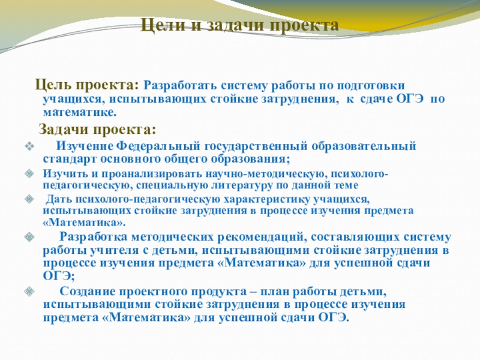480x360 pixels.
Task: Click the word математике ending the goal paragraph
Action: coord(79,112)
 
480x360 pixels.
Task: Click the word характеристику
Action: coord(230,199)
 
